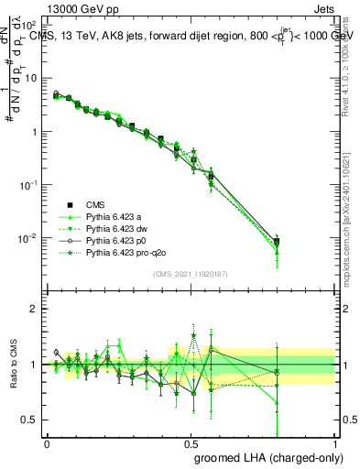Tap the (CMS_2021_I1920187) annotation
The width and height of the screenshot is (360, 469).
click(x=191, y=273)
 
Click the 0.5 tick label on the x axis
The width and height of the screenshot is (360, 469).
click(x=191, y=442)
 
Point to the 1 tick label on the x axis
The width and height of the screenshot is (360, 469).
click(x=335, y=442)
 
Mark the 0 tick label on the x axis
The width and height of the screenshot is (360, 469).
click(x=47, y=442)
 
